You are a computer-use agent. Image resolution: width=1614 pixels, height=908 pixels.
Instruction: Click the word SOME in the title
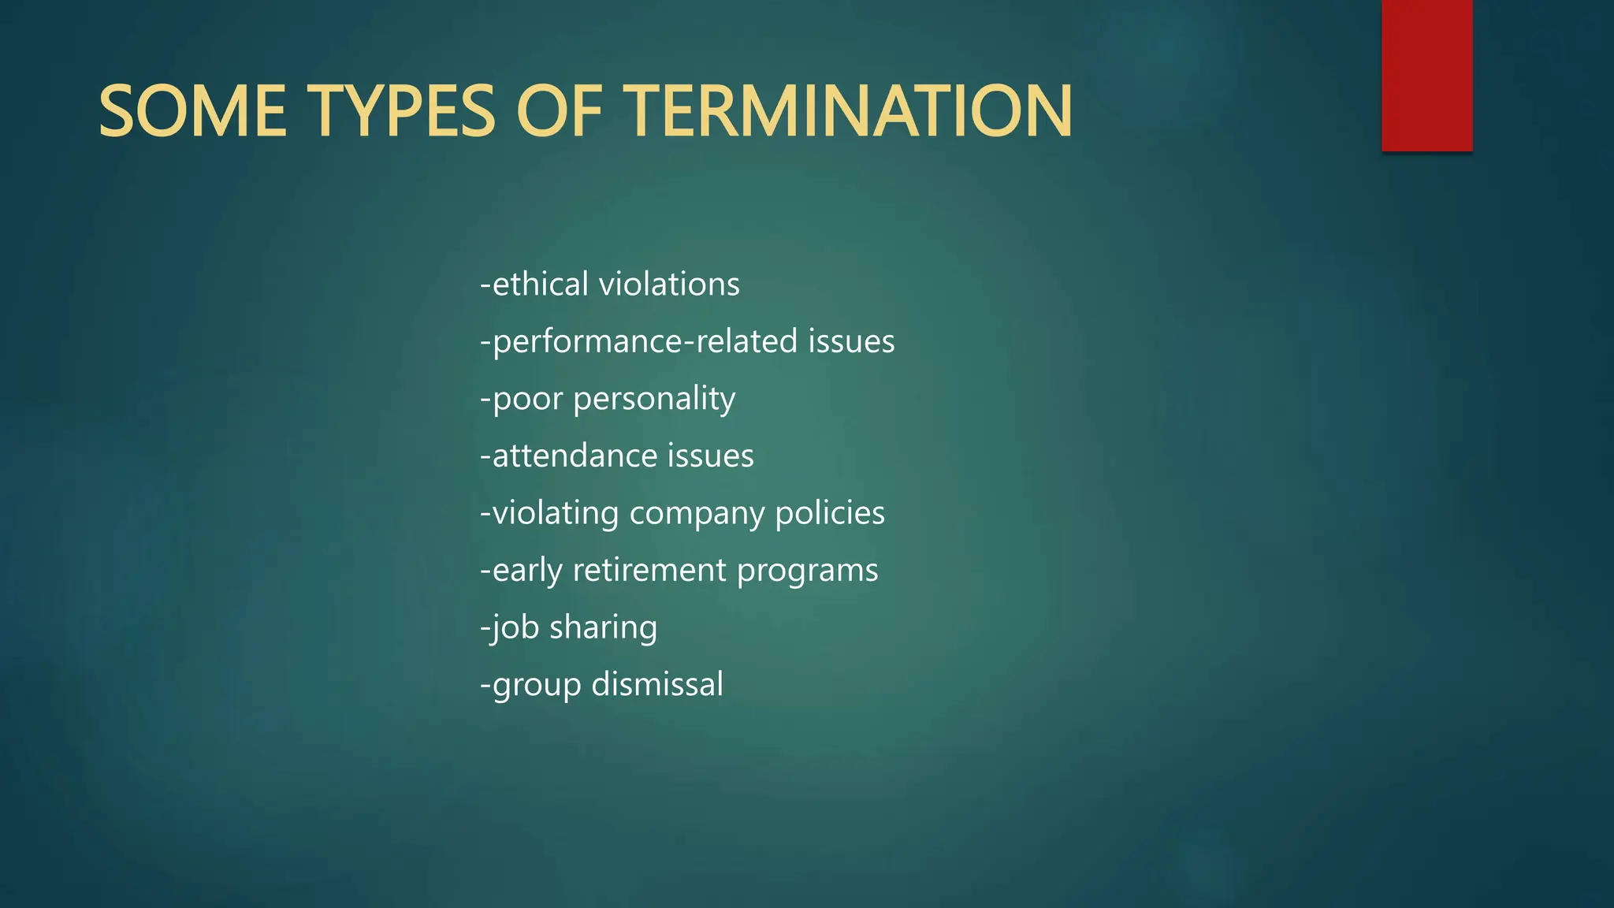coord(192,111)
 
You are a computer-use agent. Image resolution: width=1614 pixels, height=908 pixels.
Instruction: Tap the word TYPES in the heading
coord(401,111)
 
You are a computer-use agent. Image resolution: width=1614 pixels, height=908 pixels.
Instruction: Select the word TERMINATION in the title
coord(851,111)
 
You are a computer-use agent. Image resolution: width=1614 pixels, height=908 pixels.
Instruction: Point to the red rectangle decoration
coord(1426,75)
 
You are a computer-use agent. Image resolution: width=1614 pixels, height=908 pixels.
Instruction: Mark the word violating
coord(556,513)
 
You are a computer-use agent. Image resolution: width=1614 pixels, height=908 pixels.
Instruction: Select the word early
coord(527,571)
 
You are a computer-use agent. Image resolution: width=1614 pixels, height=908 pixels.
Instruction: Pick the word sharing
coord(603,628)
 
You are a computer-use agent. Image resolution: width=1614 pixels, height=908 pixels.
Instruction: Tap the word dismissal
coord(657,684)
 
